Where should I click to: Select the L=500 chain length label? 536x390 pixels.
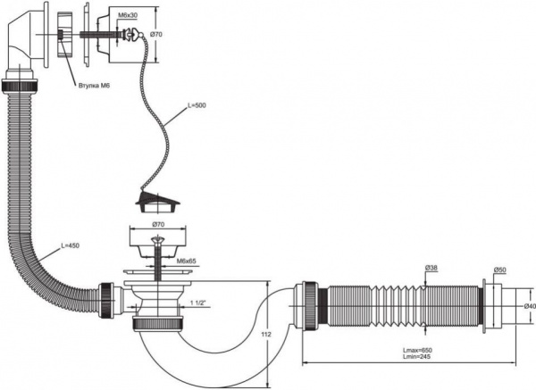[199, 104]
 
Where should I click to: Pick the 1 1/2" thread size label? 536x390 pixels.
[201, 304]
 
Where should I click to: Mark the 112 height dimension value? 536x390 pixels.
[265, 334]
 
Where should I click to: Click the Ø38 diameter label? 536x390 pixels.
[430, 268]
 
